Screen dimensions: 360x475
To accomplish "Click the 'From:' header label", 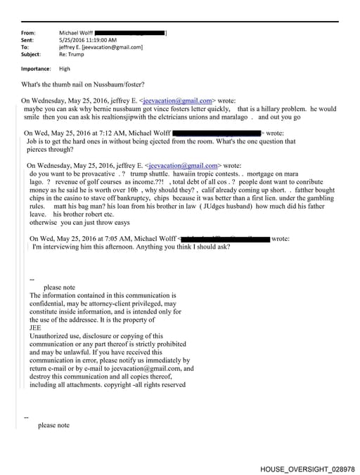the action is (x=29, y=33).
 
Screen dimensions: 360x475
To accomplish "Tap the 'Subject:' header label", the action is (x=32, y=54).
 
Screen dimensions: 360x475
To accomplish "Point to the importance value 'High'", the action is (x=65, y=69).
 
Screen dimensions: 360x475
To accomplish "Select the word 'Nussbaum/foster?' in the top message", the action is (x=105, y=84).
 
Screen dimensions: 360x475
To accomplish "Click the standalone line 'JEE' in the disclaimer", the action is (x=35, y=327).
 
